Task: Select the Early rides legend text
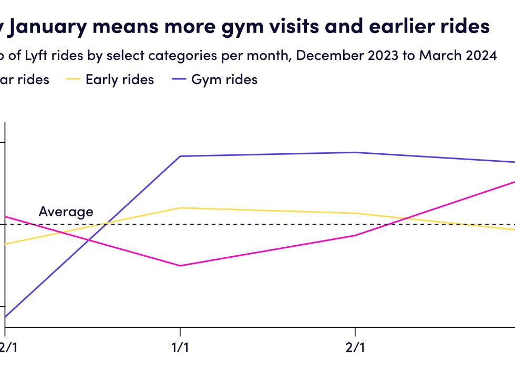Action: pyautogui.click(x=120, y=80)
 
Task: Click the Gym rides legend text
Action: pyautogui.click(x=224, y=80)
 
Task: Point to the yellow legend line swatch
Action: pyautogui.click(x=73, y=80)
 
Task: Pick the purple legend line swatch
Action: pyautogui.click(x=179, y=80)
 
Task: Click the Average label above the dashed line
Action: pyautogui.click(x=66, y=212)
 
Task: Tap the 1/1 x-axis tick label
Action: pyautogui.click(x=180, y=348)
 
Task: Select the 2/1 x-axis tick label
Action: pyautogui.click(x=355, y=348)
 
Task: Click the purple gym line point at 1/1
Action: pyautogui.click(x=180, y=156)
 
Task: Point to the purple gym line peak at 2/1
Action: pyautogui.click(x=355, y=152)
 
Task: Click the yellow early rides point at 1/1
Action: pyautogui.click(x=180, y=208)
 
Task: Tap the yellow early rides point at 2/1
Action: pyautogui.click(x=355, y=213)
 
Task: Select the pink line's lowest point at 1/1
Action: pyautogui.click(x=180, y=266)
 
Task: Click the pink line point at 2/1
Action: pyautogui.click(x=355, y=235)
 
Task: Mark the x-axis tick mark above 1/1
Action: pyautogui.click(x=180, y=331)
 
